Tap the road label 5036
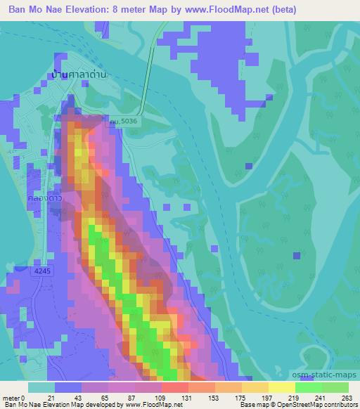click(x=124, y=121)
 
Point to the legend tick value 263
click(x=347, y=398)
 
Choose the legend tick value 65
click(x=98, y=398)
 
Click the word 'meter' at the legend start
click(x=10, y=398)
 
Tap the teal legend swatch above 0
click(x=41, y=387)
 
